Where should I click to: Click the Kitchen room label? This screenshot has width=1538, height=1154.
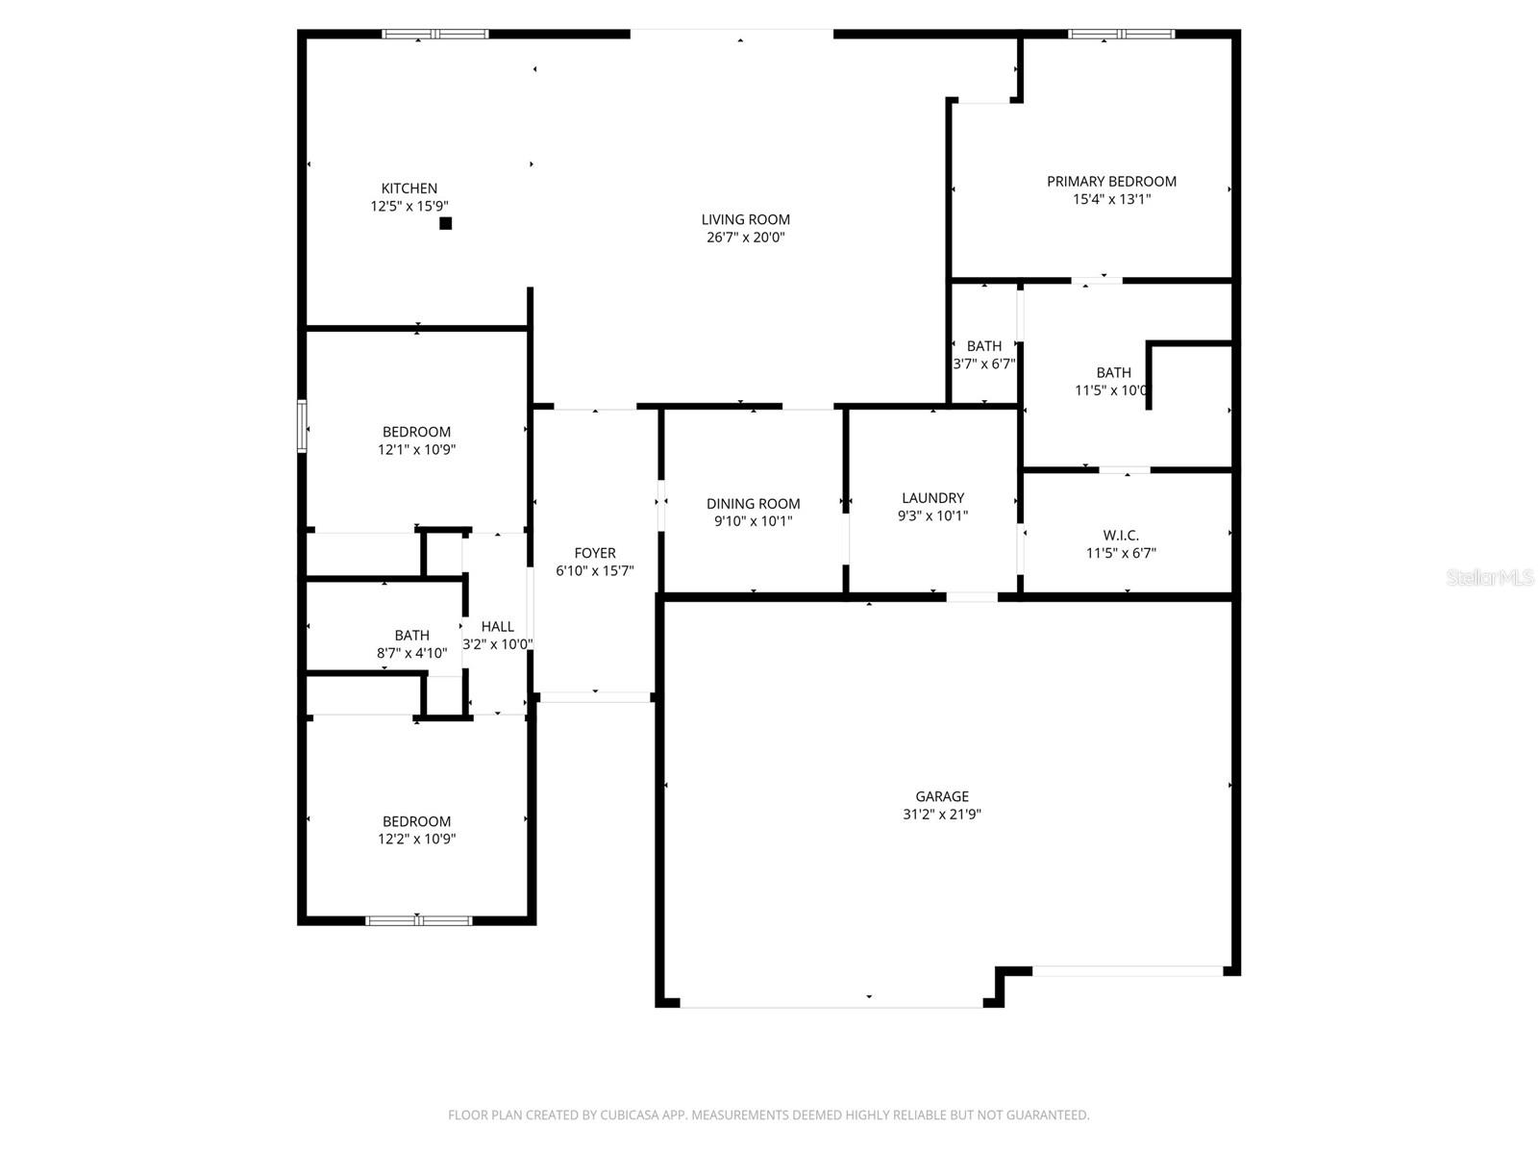click(409, 188)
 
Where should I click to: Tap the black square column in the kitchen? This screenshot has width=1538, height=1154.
click(445, 223)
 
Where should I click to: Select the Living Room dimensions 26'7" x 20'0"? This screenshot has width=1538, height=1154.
click(745, 238)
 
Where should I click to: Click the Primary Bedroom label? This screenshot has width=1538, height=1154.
click(1111, 181)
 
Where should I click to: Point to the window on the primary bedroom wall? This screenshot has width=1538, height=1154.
click(1121, 35)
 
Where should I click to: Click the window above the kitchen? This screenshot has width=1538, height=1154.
click(434, 35)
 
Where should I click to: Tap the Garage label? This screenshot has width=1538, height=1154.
click(941, 796)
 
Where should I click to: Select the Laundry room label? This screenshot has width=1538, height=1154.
click(932, 498)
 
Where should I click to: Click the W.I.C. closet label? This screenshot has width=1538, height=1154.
click(1121, 535)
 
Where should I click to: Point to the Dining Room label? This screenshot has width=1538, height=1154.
click(753, 504)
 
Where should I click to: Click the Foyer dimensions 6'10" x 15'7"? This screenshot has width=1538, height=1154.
click(594, 571)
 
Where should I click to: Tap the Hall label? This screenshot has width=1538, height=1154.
click(497, 627)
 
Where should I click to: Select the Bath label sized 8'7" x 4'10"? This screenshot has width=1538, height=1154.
click(411, 636)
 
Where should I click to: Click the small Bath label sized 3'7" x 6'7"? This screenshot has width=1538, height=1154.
click(983, 346)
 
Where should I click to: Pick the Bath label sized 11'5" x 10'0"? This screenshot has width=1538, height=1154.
click(1113, 373)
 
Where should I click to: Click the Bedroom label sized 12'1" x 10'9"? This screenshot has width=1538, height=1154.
click(416, 432)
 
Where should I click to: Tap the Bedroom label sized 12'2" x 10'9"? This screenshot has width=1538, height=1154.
click(416, 821)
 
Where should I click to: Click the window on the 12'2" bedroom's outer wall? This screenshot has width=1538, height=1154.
click(418, 920)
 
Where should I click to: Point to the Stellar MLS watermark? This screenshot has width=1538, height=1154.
click(1490, 578)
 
